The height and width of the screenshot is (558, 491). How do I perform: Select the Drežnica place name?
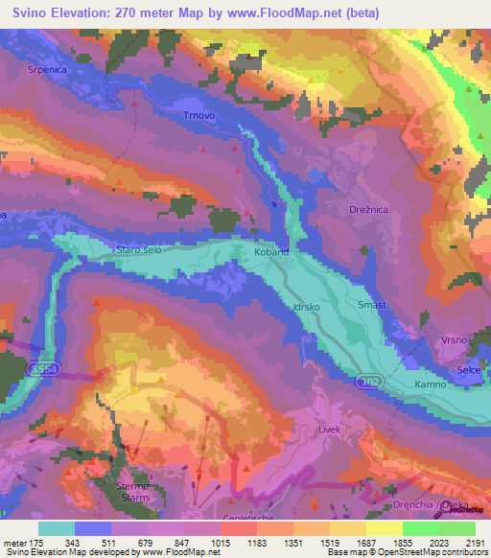[x=365, y=208]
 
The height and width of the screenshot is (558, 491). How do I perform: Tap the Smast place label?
[x=371, y=305]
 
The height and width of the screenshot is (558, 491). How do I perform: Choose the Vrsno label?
[x=454, y=340]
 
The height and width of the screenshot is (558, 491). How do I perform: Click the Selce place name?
[x=470, y=369]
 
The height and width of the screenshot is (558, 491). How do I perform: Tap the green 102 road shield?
[x=369, y=382]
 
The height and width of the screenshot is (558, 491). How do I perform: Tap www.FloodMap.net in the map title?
[x=296, y=13]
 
